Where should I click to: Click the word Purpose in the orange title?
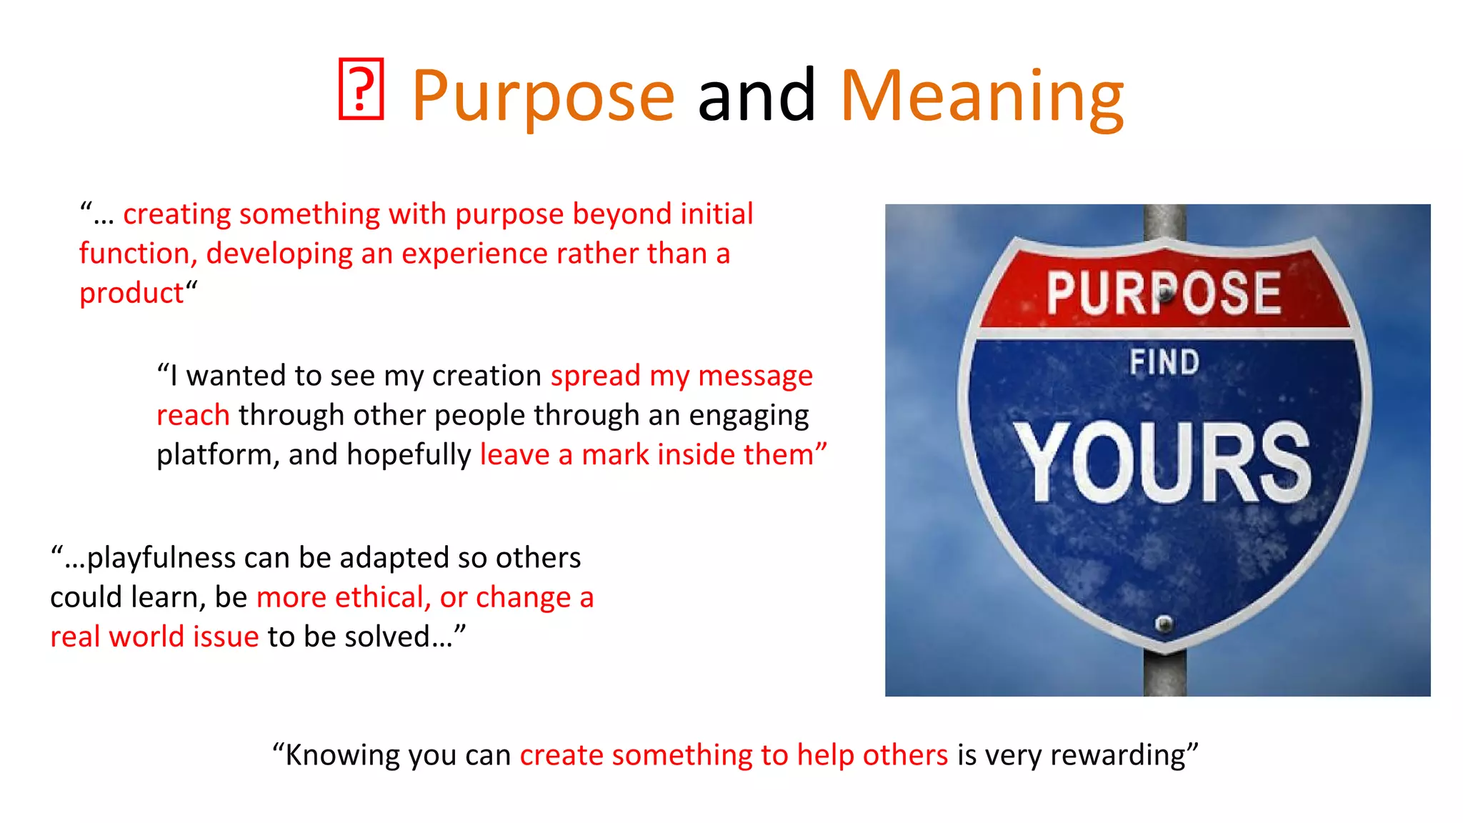pyautogui.click(x=543, y=96)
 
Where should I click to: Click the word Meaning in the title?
pyautogui.click(x=982, y=96)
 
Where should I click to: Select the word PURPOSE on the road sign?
pyautogui.click(x=1164, y=293)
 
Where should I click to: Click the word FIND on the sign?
pyautogui.click(x=1164, y=362)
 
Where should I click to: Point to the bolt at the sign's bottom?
pyautogui.click(x=1164, y=624)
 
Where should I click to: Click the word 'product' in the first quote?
pyautogui.click(x=131, y=294)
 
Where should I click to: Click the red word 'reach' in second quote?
pyautogui.click(x=193, y=416)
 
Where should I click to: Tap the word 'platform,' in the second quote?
pyautogui.click(x=217, y=455)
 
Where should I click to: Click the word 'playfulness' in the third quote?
pyautogui.click(x=161, y=558)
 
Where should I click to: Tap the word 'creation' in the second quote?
pyautogui.click(x=486, y=376)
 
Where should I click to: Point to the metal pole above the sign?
pyautogui.click(x=1164, y=221)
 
